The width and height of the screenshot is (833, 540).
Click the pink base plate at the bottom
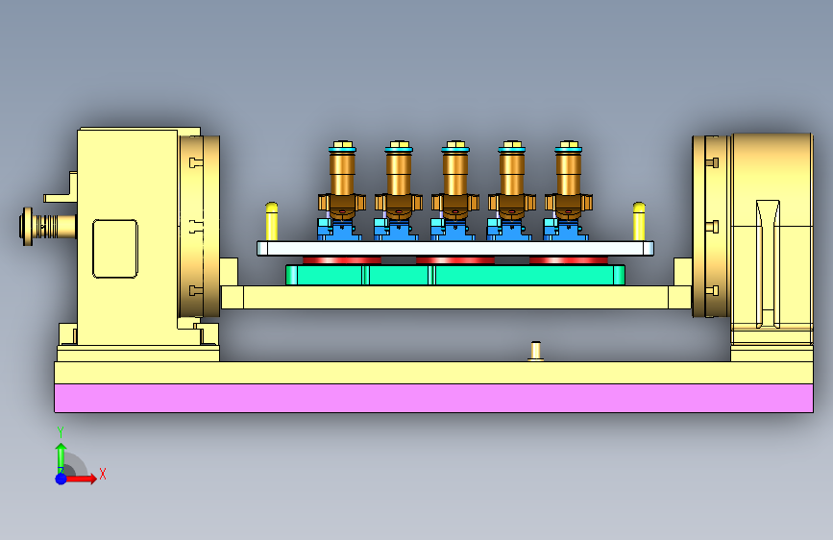pos(433,398)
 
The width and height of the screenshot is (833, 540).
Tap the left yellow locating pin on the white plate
pos(272,222)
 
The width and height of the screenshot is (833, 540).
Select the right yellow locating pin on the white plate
pos(639,222)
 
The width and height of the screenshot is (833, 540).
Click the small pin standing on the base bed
pos(535,351)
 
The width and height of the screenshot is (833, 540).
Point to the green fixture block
pos(455,275)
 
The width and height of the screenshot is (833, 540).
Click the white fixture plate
pos(455,249)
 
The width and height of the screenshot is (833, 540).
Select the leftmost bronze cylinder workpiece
pos(342,181)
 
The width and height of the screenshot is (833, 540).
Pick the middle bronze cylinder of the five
pos(455,181)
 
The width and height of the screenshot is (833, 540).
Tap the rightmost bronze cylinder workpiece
pos(569,181)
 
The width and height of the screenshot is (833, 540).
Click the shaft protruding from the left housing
pos(48,227)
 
